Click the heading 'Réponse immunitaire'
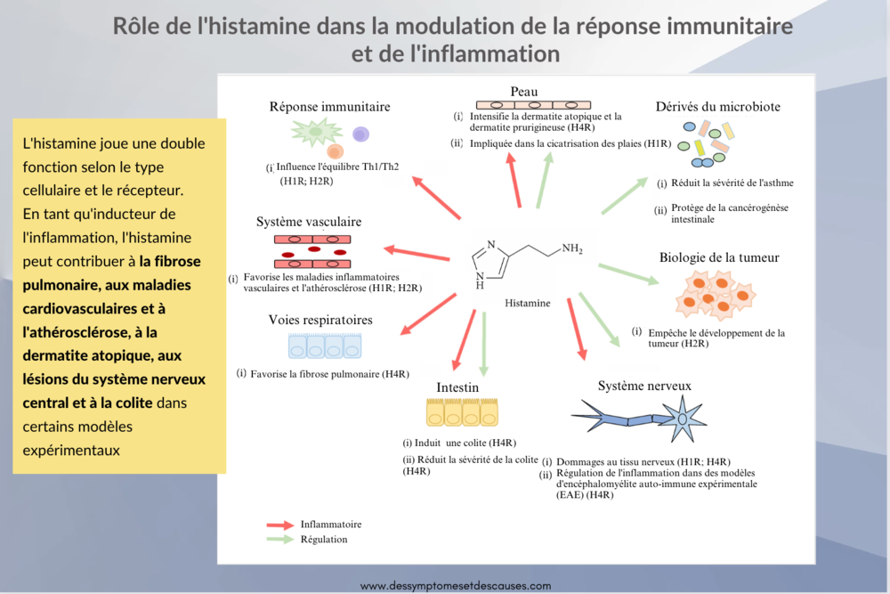coord(329,107)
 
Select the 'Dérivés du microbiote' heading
coord(718,106)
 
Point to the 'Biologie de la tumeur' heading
coord(719,257)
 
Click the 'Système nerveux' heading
coord(644,386)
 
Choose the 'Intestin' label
coord(457,387)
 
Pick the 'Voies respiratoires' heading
coord(320,319)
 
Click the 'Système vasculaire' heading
coord(308,221)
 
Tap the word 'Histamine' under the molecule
coord(528,303)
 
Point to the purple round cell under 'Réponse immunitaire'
coord(360,134)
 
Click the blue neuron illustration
coord(641,415)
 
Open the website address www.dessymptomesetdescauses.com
coord(456,585)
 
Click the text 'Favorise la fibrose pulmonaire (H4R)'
coord(330,374)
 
